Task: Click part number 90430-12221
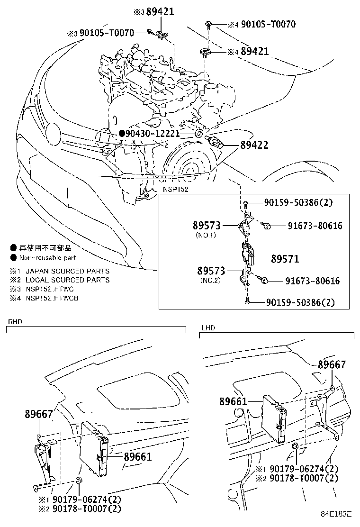153,134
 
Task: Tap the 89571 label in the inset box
285,259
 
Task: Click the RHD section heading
15,322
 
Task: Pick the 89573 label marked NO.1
209,226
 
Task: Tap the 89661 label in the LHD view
233,401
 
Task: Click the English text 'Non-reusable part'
47,258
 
